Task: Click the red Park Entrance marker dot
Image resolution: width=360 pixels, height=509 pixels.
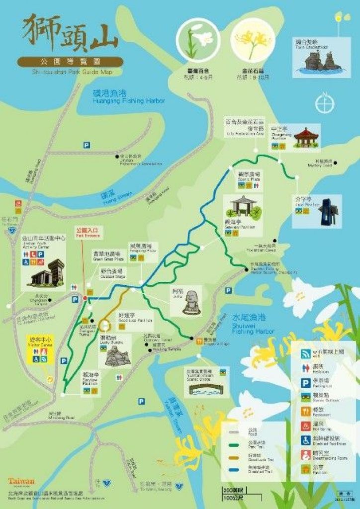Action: [x=85, y=298]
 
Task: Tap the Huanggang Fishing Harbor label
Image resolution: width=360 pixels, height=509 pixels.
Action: [x=129, y=97]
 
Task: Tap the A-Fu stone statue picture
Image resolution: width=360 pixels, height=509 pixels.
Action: [x=191, y=301]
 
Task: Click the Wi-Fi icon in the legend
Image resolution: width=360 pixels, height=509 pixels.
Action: [x=305, y=354]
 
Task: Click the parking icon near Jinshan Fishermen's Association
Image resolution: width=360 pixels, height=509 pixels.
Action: [x=87, y=145]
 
